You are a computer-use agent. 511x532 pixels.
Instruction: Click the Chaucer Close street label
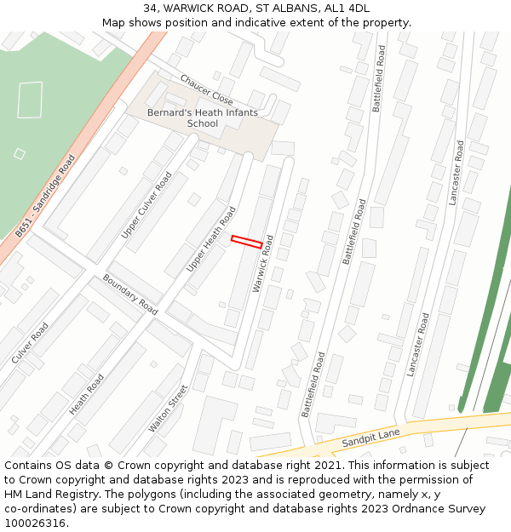[206, 89]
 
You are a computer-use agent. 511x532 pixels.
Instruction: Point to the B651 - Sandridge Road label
[45, 196]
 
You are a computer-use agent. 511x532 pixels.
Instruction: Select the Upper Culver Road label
[146, 204]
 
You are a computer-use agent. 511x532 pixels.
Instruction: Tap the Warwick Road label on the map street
[264, 264]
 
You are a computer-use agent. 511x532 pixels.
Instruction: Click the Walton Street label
[168, 408]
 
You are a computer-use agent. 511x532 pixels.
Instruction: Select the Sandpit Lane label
[370, 439]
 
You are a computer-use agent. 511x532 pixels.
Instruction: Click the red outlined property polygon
[247, 242]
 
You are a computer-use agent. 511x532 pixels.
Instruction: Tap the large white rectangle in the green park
[30, 100]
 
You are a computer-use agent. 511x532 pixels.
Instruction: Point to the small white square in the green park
[20, 154]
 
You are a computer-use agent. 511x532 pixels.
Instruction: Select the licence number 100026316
[35, 523]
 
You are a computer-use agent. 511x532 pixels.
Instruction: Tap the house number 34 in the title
[150, 9]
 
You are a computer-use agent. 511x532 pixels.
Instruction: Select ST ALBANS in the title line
[287, 9]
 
